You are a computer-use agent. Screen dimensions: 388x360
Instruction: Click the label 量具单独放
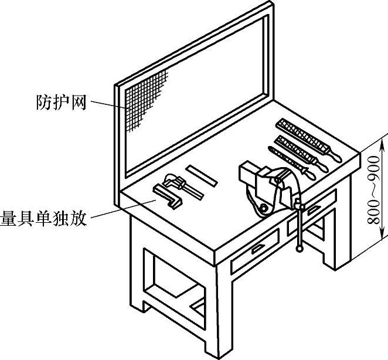tap(44, 219)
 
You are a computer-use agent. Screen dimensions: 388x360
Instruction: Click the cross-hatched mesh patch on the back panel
tap(147, 97)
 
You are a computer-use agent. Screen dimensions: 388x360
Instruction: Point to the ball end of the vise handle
tap(301, 249)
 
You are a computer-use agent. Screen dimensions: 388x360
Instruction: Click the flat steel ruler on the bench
tap(201, 175)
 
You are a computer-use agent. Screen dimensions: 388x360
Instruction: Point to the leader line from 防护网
tap(109, 106)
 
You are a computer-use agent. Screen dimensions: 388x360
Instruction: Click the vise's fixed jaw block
tap(249, 176)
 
